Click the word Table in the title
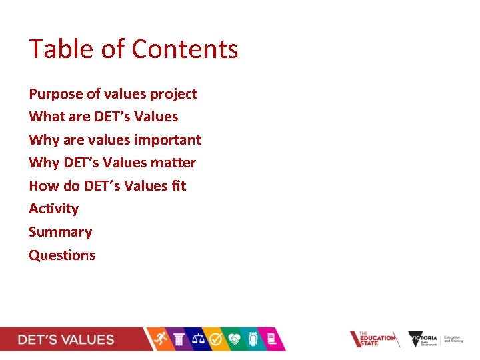54,49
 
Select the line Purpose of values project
113,94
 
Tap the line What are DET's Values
103,117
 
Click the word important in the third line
167,140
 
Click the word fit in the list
178,186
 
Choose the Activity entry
53,209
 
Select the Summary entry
60,232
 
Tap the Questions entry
62,255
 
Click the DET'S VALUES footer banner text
65,339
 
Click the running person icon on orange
161,339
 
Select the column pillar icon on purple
179,339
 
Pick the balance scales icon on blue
197,339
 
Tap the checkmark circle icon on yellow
216,339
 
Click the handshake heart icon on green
235,339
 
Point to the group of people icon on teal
253,339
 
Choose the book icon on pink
271,339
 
